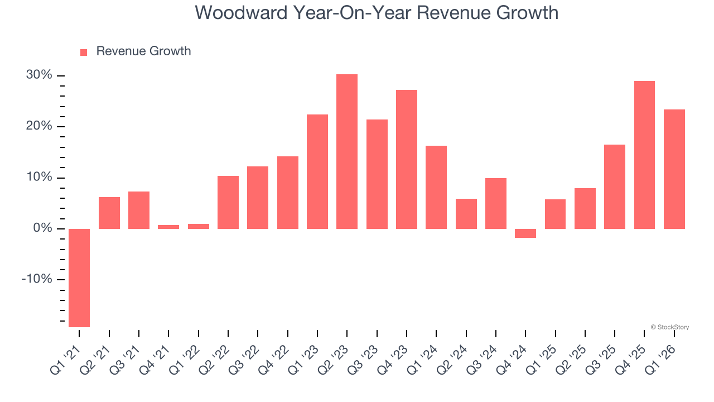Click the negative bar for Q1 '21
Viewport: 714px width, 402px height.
(x=79, y=277)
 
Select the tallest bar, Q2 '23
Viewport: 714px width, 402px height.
(x=347, y=151)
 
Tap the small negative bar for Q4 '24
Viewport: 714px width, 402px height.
(x=525, y=233)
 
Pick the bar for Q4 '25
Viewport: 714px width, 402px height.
(x=644, y=155)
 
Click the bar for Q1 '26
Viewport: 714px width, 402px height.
(x=674, y=169)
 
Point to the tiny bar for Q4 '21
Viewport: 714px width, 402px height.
(x=168, y=227)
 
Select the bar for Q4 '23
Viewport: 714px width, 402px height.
(x=407, y=159)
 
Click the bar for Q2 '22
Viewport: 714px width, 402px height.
(x=228, y=202)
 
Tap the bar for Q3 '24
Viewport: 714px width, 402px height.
(x=496, y=203)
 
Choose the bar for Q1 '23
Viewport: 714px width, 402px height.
(x=317, y=171)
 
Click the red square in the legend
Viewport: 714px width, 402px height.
(x=84, y=52)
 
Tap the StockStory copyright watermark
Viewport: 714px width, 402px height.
(x=669, y=327)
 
